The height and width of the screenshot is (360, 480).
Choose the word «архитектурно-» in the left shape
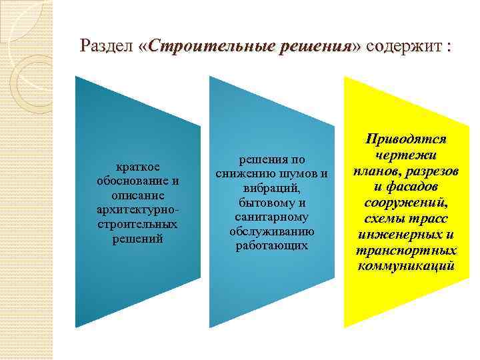(x=139, y=210)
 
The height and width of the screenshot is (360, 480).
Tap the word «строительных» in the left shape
(x=139, y=224)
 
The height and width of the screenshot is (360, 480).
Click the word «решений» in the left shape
(x=139, y=239)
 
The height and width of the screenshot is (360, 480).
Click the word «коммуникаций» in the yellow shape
(x=406, y=266)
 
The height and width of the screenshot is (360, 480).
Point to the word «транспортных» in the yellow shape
(x=406, y=251)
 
